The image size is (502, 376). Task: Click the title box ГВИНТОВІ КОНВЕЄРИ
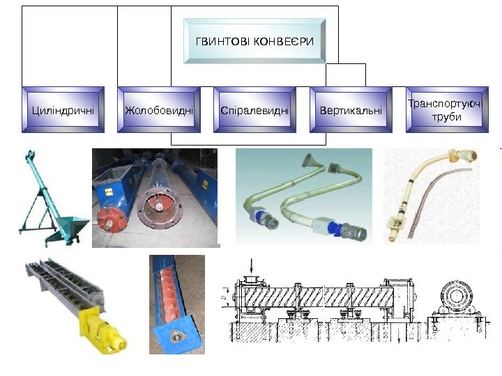[254, 41]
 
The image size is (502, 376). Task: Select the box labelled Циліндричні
[63, 109]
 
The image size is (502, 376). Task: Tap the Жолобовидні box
[159, 109]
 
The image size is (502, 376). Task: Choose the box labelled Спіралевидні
[254, 109]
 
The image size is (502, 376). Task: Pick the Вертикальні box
[351, 109]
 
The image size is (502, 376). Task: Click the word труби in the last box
[446, 117]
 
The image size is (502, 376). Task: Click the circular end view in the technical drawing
[456, 297]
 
